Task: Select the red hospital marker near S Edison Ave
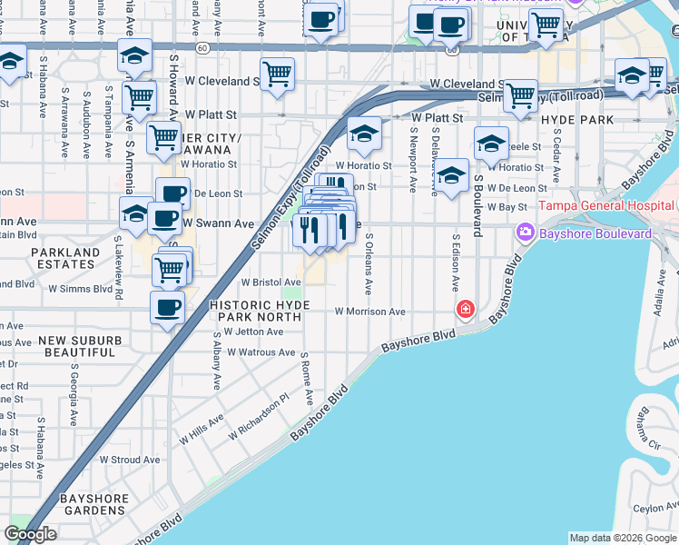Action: [466, 311]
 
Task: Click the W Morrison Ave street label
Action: [369, 312]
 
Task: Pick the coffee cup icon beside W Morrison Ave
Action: [168, 307]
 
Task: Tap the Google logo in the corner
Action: [30, 534]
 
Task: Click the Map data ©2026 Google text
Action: [623, 538]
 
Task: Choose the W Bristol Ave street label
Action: [271, 282]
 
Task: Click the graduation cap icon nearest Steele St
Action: [491, 143]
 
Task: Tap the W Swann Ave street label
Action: [219, 223]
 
